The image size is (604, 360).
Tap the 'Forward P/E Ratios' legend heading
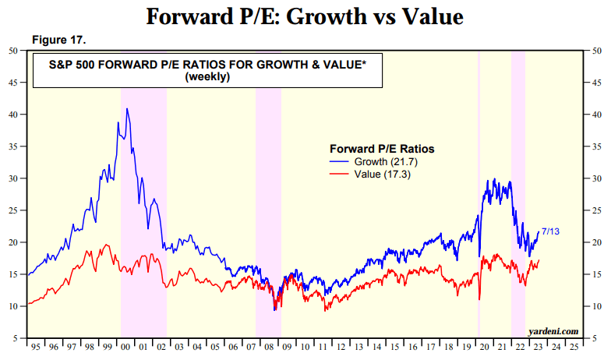pos(382,148)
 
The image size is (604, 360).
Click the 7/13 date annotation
pos(550,231)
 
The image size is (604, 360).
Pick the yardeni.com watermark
pos(553,331)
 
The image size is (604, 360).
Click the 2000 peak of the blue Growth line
pos(126,109)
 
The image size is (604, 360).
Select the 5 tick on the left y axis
pos(16,338)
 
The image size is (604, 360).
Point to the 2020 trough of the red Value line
pos(479,299)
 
